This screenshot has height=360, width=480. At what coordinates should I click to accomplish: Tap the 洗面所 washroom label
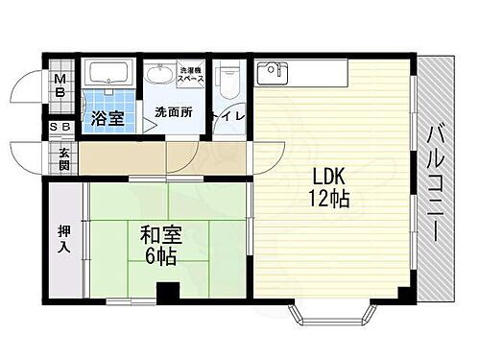(x=173, y=112)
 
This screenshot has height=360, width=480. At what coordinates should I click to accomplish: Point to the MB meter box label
(x=60, y=86)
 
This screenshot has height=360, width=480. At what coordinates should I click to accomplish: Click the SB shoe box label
(x=59, y=127)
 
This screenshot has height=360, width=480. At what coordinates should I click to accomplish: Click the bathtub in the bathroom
(x=110, y=76)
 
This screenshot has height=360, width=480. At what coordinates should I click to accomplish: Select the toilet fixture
(x=228, y=82)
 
